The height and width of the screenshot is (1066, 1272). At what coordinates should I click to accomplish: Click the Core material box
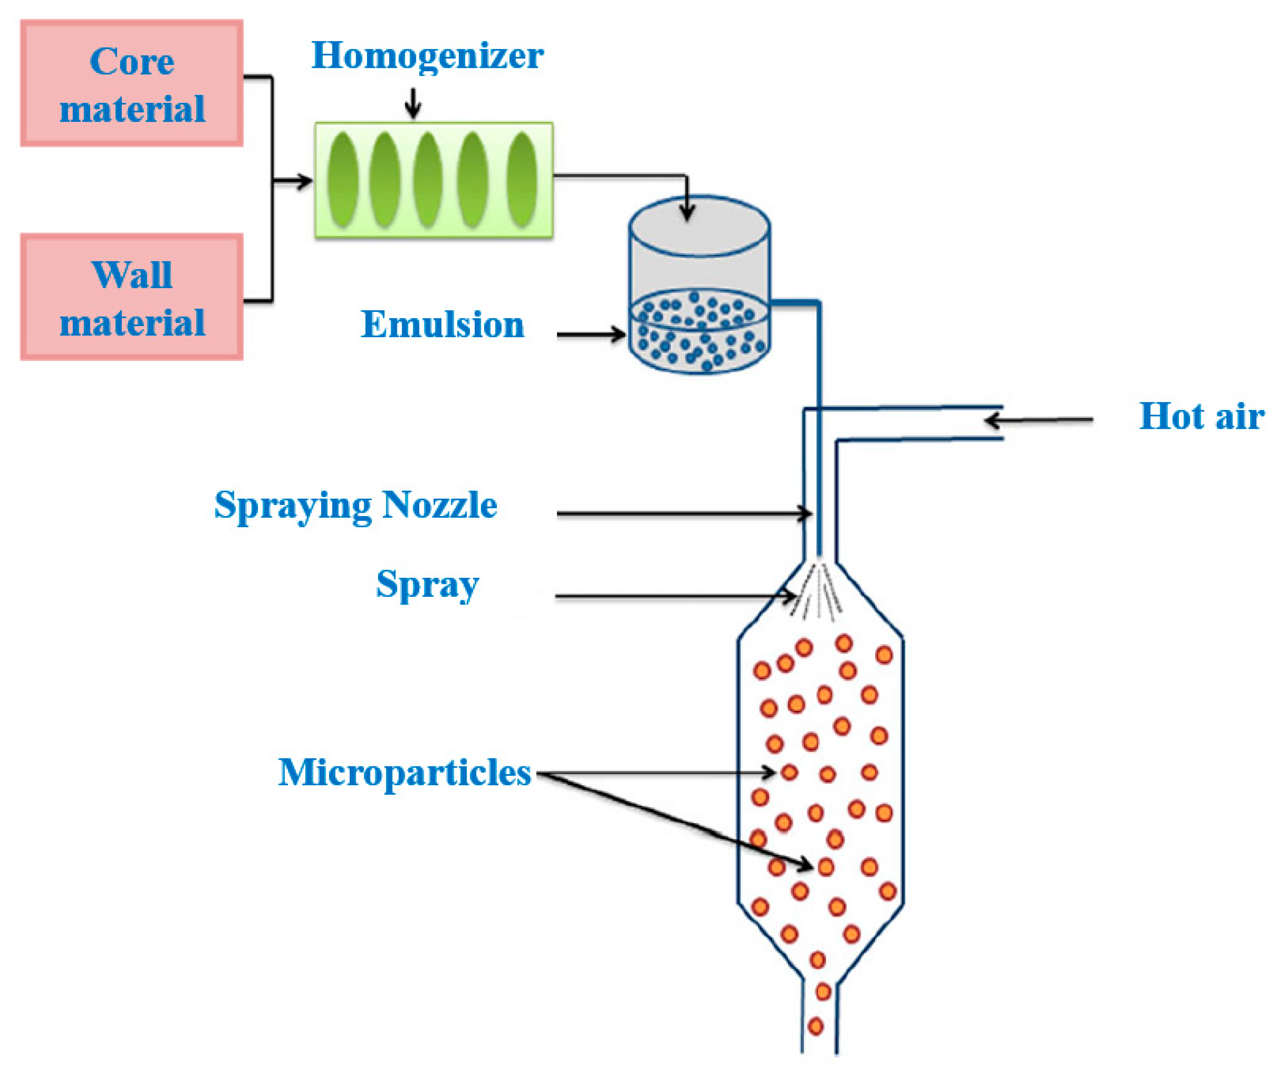pos(132,83)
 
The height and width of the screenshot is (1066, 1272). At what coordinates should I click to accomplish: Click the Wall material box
pos(132,297)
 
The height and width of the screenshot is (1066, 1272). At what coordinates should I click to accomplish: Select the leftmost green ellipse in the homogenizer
pos(343,180)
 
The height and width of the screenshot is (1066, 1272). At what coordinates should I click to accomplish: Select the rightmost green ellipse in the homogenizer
pos(522,180)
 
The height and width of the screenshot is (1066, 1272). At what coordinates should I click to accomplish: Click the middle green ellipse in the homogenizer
pos(428,180)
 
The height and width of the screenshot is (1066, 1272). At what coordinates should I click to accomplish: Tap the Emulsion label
pos(442,324)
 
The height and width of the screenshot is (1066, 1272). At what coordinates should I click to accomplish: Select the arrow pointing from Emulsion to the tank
pos(591,334)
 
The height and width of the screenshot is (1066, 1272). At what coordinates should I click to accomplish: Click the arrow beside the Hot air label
pos(1039,420)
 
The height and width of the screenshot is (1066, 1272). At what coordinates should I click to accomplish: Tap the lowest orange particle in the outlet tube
pos(815,1026)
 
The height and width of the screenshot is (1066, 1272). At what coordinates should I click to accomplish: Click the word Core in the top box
pos(132,62)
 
